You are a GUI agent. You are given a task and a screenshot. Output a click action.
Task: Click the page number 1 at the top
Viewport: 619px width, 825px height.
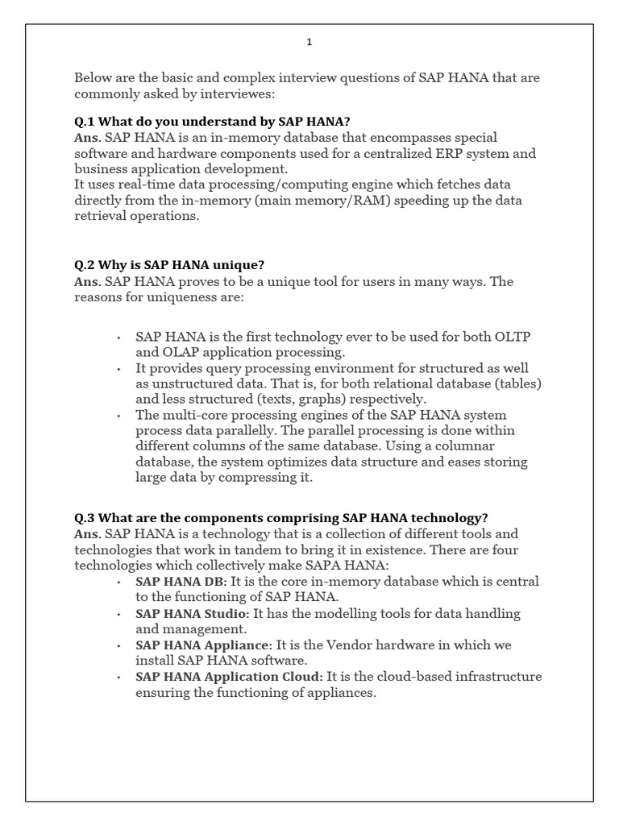[x=309, y=43]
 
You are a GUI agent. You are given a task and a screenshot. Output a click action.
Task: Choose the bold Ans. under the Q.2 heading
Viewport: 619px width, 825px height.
[x=87, y=281]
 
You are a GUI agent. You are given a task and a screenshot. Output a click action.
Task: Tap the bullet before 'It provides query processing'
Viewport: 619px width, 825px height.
[x=118, y=368]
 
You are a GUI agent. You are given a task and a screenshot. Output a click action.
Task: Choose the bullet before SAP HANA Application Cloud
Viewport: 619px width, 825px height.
[x=118, y=677]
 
